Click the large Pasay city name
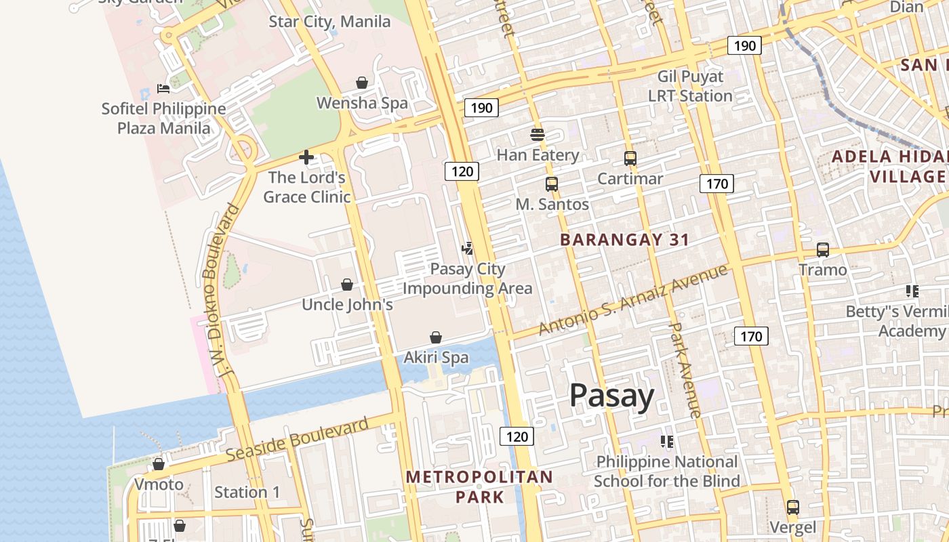pyautogui.click(x=611, y=396)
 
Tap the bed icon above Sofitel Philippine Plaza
pyautogui.click(x=163, y=88)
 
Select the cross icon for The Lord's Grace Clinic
pyautogui.click(x=306, y=158)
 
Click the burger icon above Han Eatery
pyautogui.click(x=538, y=134)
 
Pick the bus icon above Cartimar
pyautogui.click(x=630, y=159)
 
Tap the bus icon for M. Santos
pyautogui.click(x=552, y=184)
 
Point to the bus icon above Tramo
pyautogui.click(x=823, y=249)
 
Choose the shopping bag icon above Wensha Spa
pyautogui.click(x=362, y=83)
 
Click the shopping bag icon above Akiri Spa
pyautogui.click(x=436, y=337)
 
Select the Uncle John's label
pyautogui.click(x=347, y=305)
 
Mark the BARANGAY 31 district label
pyautogui.click(x=624, y=240)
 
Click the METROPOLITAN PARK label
pyautogui.click(x=479, y=486)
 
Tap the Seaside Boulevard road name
pyautogui.click(x=298, y=440)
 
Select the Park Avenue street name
pyautogui.click(x=685, y=370)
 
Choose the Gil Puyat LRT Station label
pyautogui.click(x=690, y=86)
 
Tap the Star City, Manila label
pyautogui.click(x=329, y=22)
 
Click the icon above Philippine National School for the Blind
pyautogui.click(x=667, y=442)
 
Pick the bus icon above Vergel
pyautogui.click(x=792, y=507)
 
